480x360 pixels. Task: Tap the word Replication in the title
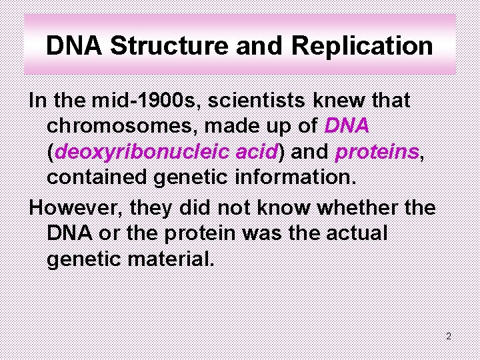coord(362,47)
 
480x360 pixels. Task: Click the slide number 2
coord(449,337)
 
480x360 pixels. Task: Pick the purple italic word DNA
coord(347,126)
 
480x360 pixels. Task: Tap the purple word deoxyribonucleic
coord(143,152)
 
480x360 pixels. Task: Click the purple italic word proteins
coord(377,152)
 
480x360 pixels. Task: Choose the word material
coord(171,259)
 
